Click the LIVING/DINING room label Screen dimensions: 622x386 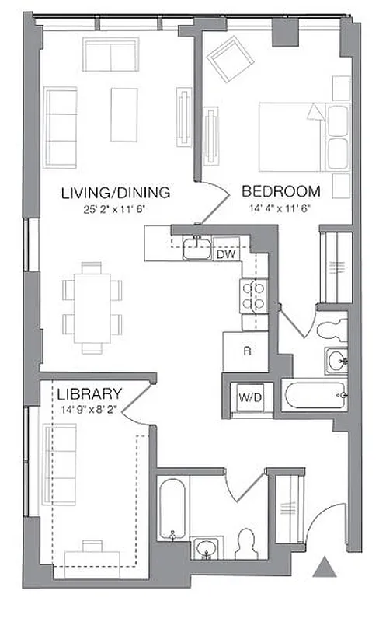click(x=115, y=193)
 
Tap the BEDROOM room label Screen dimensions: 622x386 click(x=281, y=191)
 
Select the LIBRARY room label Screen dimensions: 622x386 click(x=89, y=393)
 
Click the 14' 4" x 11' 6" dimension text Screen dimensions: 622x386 click(x=281, y=208)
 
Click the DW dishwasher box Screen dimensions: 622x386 click(x=226, y=253)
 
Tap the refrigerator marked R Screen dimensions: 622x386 click(x=245, y=351)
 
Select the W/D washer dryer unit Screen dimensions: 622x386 click(x=250, y=397)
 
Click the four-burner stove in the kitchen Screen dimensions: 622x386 click(x=254, y=295)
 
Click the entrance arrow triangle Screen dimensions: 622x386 click(x=325, y=567)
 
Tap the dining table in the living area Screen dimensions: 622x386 click(x=92, y=306)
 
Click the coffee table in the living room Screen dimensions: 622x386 click(x=123, y=114)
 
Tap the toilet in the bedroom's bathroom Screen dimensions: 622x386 click(x=332, y=327)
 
